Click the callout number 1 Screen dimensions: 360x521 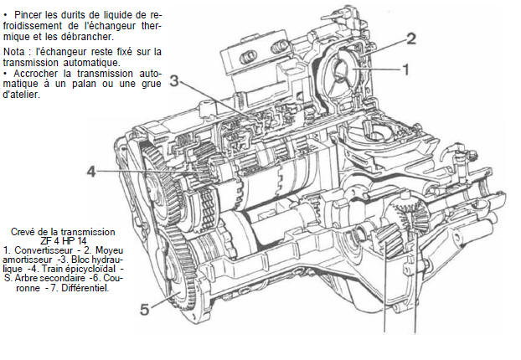(x=405, y=71)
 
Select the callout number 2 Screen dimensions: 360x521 (x=410, y=38)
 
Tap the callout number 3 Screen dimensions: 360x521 (x=173, y=80)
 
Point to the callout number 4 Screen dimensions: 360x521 (x=91, y=172)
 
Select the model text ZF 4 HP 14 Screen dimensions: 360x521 (x=64, y=240)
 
